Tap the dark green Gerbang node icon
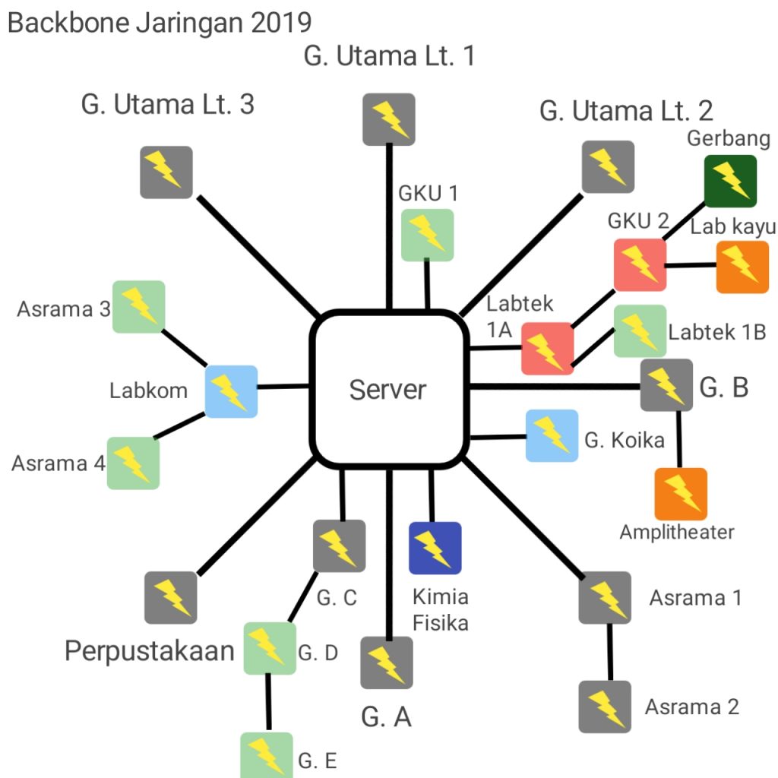[x=729, y=181]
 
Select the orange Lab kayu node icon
[x=742, y=267]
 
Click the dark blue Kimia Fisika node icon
[x=435, y=547]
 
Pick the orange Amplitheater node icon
[x=681, y=494]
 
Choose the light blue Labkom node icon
[x=231, y=391]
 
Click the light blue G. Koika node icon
[x=552, y=435]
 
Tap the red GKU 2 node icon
[x=640, y=264]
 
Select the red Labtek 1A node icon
[x=547, y=349]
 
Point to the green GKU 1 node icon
[x=427, y=235]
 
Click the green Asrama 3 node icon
[x=139, y=306]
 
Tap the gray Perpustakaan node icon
[x=171, y=598]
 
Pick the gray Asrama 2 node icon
[x=605, y=707]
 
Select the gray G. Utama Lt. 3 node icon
[x=166, y=172]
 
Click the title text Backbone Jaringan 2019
[x=160, y=23]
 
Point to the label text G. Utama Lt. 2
[x=626, y=111]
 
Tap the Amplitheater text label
[x=677, y=532]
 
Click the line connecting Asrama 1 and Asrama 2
[x=608, y=652]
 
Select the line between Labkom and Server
[x=283, y=387]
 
